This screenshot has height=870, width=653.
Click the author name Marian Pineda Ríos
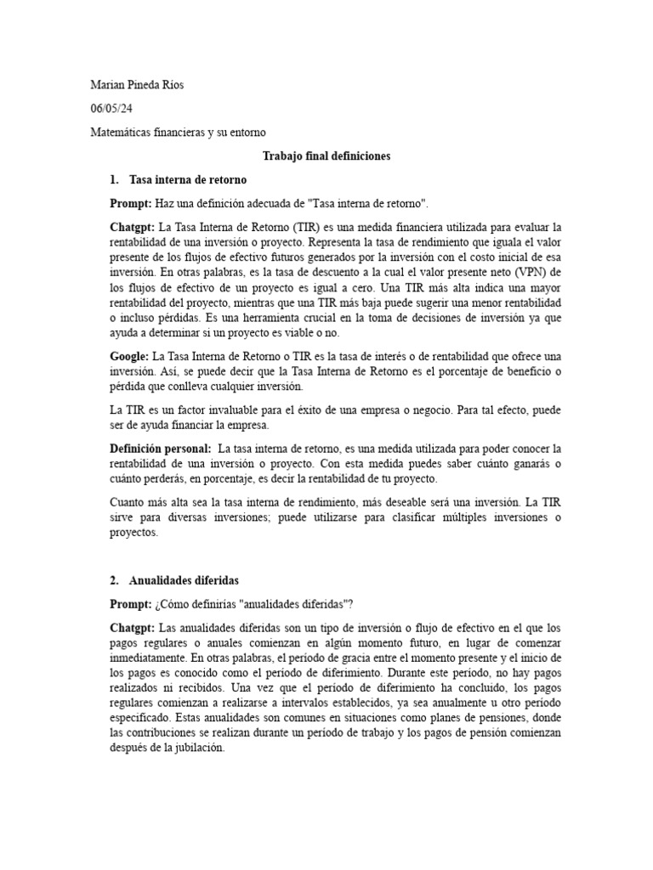(x=136, y=85)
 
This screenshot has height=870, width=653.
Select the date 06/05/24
(x=111, y=109)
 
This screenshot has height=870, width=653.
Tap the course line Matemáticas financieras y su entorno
(x=178, y=133)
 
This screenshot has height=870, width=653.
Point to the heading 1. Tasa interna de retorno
(x=178, y=180)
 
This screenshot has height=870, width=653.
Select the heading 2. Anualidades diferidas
(x=174, y=580)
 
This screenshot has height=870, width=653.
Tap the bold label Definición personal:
(x=160, y=448)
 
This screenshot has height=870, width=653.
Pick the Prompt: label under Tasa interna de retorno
(x=130, y=204)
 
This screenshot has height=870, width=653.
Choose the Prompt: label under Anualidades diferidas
(x=130, y=604)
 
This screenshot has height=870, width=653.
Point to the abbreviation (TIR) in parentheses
(x=310, y=229)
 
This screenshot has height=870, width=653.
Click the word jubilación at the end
(x=197, y=749)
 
